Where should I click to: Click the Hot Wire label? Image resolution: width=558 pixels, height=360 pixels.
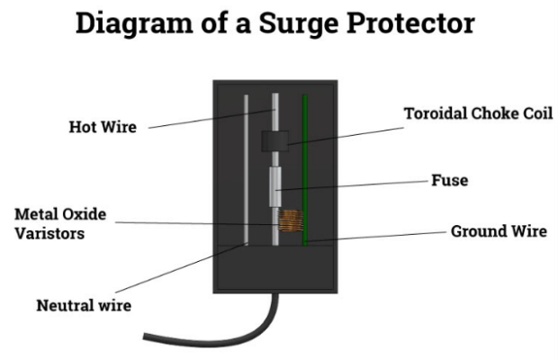103,127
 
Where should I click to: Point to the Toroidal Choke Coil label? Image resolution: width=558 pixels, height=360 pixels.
477,113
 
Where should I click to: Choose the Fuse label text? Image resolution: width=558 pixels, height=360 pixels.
449,180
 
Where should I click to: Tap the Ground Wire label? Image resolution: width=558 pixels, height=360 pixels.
498,231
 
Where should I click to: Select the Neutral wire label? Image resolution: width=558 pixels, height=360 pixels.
84,305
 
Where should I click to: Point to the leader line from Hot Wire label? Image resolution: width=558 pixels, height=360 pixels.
207,118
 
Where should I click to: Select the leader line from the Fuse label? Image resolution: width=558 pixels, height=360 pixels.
360,184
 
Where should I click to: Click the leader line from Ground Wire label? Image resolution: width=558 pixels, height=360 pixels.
378,236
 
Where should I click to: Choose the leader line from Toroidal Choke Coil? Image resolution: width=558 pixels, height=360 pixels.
342,131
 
